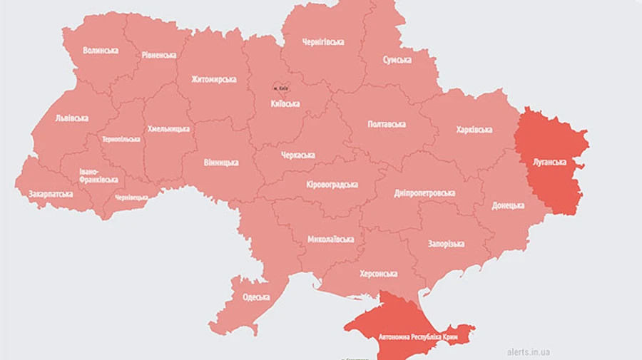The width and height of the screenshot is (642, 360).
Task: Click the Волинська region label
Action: (100, 51)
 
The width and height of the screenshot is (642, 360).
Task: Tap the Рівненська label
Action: (158, 55)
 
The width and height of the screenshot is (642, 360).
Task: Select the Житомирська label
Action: (213, 79)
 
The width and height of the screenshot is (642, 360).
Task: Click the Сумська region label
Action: (397, 60)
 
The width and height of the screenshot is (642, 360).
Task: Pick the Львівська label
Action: (71, 118)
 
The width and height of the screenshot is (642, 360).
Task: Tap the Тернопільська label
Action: (121, 139)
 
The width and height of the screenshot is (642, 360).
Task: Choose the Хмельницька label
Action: (168, 129)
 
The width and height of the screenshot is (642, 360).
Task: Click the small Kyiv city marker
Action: (280, 87)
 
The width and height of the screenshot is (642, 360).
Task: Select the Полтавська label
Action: (387, 124)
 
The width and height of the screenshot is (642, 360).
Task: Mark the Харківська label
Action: (474, 130)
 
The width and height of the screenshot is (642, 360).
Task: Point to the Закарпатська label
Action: (51, 193)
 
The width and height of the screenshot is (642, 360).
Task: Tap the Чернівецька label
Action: (131, 197)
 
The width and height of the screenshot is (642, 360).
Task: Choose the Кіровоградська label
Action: (332, 185)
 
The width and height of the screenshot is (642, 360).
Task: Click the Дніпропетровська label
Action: (424, 193)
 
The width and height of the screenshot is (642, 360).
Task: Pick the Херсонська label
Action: (378, 274)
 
